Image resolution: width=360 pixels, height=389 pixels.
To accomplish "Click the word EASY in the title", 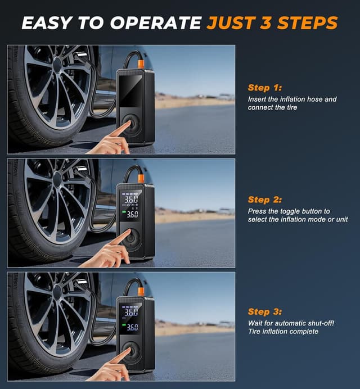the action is pyautogui.click(x=47, y=23).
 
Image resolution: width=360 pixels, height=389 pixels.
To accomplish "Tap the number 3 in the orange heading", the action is pyautogui.click(x=265, y=23).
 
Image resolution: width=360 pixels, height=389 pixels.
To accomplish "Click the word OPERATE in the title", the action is pyautogui.click(x=156, y=23).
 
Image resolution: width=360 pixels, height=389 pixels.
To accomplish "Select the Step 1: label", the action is pyautogui.click(x=265, y=88).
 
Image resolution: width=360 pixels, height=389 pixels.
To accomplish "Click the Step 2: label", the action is pyautogui.click(x=265, y=200).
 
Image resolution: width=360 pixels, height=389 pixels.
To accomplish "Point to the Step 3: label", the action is pyautogui.click(x=265, y=311).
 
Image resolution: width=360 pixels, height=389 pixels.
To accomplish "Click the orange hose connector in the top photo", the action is pyautogui.click(x=141, y=64).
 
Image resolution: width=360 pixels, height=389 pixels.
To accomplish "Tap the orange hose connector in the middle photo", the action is pyautogui.click(x=141, y=178).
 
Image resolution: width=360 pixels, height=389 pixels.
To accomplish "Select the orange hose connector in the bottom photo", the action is pyautogui.click(x=141, y=291).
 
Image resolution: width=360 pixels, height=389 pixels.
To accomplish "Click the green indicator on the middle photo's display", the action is pyautogui.click(x=123, y=212).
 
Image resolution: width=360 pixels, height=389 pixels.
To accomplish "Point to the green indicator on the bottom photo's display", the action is pyautogui.click(x=123, y=325).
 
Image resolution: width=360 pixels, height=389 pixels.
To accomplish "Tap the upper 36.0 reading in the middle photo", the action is pyautogui.click(x=131, y=199).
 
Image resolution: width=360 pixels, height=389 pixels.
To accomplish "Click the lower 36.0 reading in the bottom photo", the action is pyautogui.click(x=132, y=328).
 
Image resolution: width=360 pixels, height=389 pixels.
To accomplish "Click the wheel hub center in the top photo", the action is pyautogui.click(x=58, y=66).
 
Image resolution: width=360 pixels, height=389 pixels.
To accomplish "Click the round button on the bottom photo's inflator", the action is pyautogui.click(x=131, y=350).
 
